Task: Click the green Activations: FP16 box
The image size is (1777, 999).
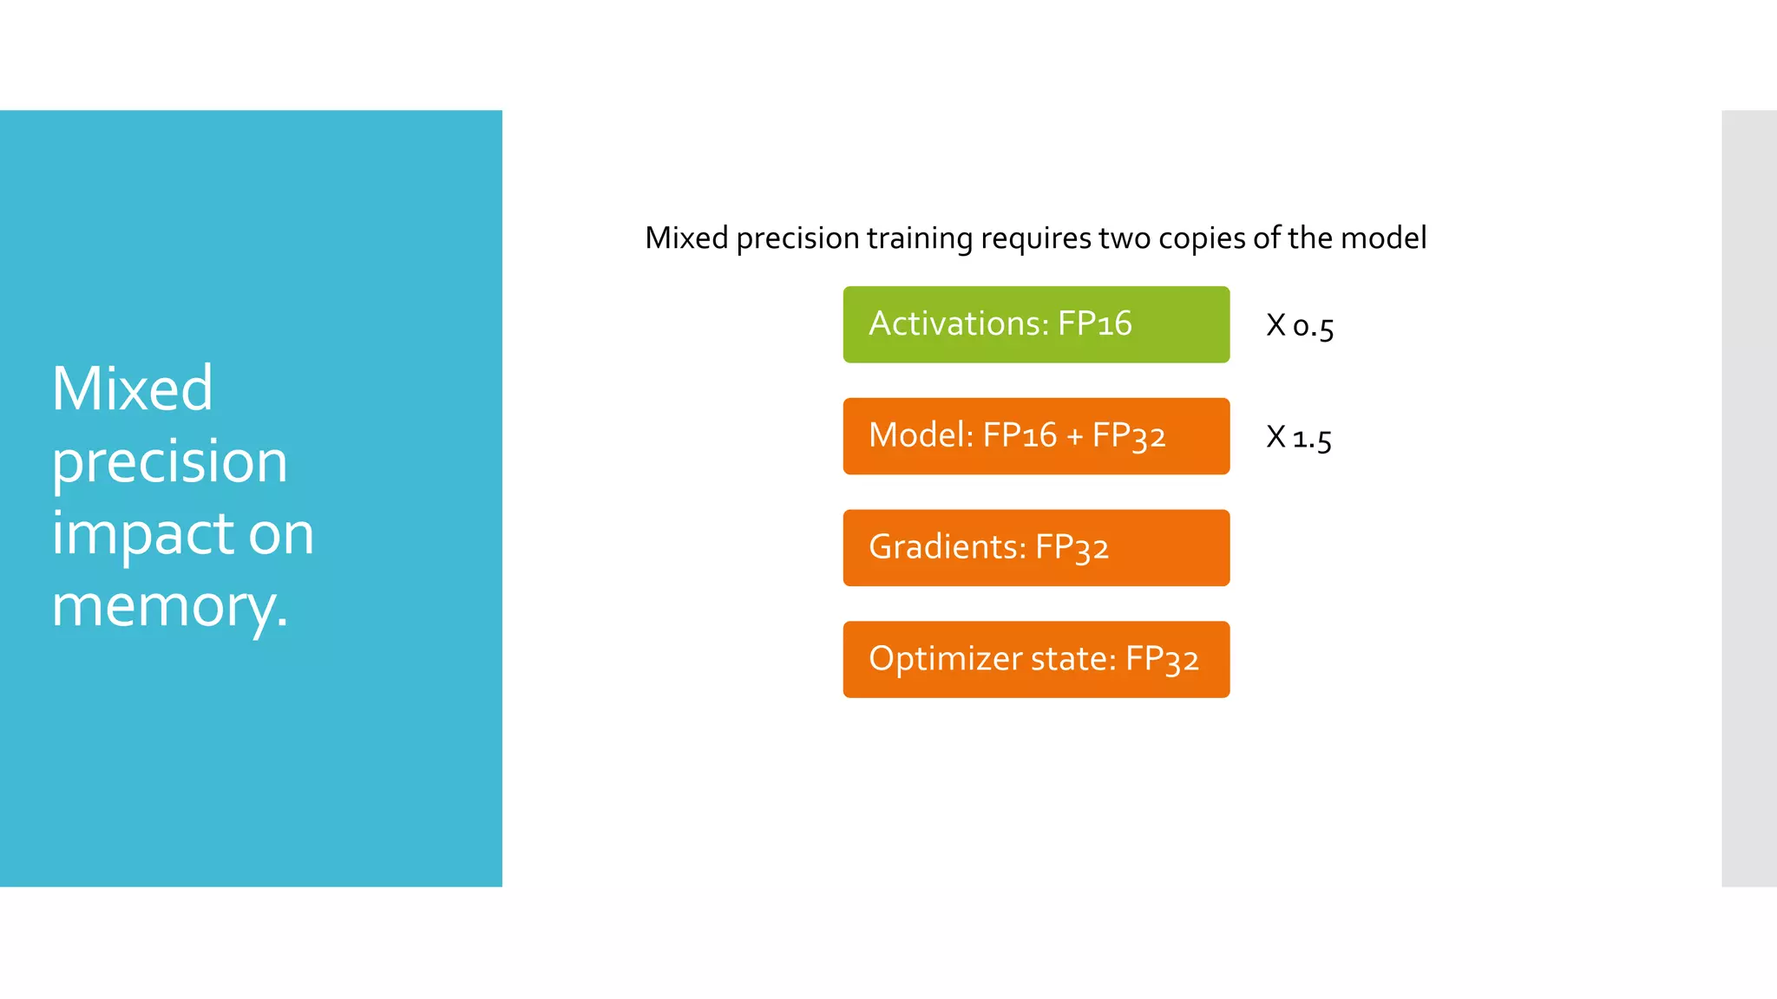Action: [x=1036, y=324]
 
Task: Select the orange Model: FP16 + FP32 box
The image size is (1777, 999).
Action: [x=1036, y=436]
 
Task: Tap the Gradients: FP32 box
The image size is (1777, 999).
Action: [x=1036, y=548]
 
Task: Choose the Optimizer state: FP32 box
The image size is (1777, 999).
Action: [x=1036, y=659]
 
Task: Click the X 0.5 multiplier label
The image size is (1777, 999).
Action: [x=1299, y=326]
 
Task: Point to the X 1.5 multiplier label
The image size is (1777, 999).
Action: [x=1298, y=437]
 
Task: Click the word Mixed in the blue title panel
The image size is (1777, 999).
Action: [x=132, y=388]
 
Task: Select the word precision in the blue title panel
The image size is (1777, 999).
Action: [x=169, y=462]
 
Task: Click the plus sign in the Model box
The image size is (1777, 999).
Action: [x=1074, y=437]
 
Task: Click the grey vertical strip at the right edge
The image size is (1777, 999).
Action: [x=1748, y=498]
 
